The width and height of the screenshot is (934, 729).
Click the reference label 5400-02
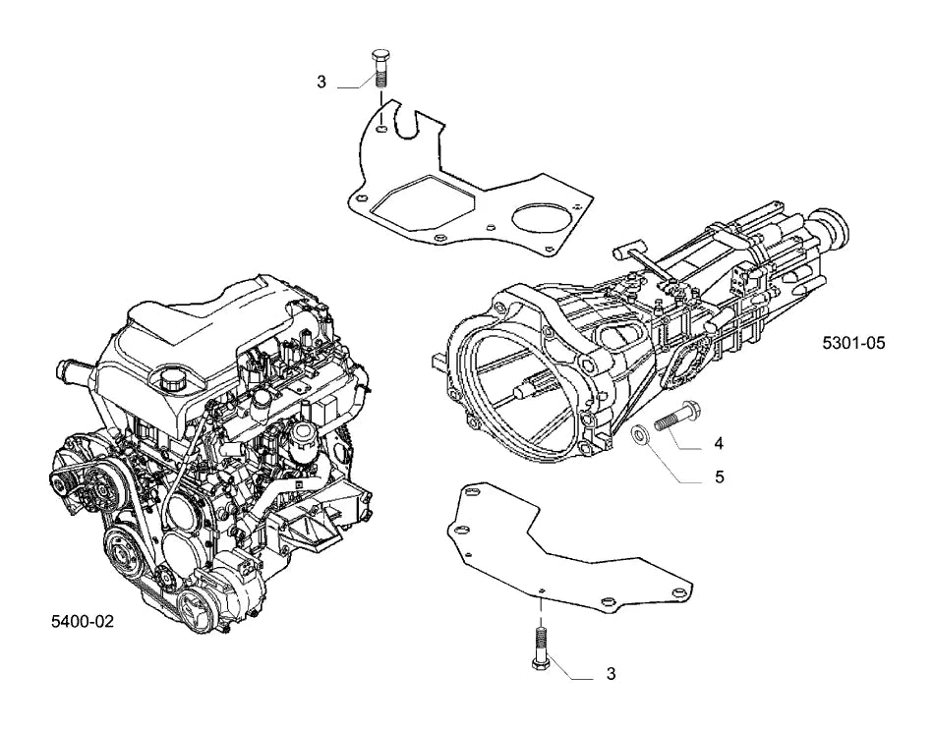(83, 622)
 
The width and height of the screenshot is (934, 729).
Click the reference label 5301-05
(853, 343)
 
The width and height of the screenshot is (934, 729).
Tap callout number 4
(719, 443)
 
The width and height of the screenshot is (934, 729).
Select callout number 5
(720, 477)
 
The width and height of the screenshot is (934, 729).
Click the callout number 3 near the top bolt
(321, 83)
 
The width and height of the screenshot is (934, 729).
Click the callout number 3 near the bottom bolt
(611, 674)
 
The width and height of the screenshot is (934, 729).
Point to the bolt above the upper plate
(380, 69)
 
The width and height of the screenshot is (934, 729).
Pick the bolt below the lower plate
(540, 649)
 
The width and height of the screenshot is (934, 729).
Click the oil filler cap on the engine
(170, 379)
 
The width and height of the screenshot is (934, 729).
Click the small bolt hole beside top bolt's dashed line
(381, 128)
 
